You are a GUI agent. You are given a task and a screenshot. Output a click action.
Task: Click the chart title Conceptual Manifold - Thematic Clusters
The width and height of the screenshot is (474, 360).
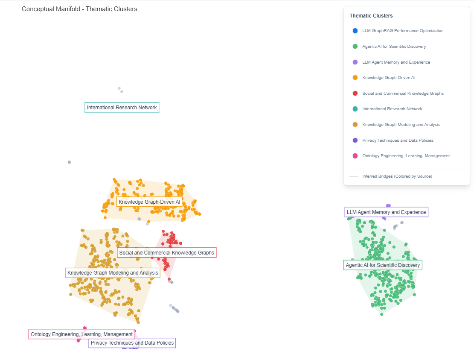pyautogui.click(x=79, y=9)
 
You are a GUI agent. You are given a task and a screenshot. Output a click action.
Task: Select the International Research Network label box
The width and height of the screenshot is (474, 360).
pyautogui.click(x=122, y=108)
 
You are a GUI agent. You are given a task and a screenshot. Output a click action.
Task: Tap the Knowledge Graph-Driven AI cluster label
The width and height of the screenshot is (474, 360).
pyautogui.click(x=149, y=202)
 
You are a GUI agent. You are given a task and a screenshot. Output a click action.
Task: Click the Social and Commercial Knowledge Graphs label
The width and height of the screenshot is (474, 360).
pyautogui.click(x=166, y=253)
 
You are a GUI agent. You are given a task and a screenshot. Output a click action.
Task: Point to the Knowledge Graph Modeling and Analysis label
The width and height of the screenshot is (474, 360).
pyautogui.click(x=113, y=273)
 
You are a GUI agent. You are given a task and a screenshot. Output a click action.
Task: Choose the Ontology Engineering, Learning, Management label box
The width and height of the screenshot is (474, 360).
pyautogui.click(x=81, y=334)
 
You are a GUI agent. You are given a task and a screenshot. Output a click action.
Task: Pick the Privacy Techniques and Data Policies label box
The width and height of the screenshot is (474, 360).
pyautogui.click(x=132, y=342)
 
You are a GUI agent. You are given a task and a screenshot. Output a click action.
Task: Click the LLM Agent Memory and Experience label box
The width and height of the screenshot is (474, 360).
pyautogui.click(x=386, y=212)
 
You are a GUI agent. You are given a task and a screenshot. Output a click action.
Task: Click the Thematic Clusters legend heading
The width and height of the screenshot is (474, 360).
pyautogui.click(x=371, y=16)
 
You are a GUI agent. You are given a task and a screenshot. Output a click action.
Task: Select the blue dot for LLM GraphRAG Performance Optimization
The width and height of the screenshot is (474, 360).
pyautogui.click(x=355, y=31)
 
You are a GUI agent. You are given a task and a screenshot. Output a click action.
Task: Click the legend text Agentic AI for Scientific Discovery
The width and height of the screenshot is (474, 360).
pyautogui.click(x=394, y=46)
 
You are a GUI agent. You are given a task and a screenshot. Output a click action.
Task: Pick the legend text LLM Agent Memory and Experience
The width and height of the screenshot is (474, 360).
pyautogui.click(x=396, y=62)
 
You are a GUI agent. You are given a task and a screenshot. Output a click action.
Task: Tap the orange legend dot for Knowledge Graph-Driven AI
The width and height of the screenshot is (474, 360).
pyautogui.click(x=355, y=78)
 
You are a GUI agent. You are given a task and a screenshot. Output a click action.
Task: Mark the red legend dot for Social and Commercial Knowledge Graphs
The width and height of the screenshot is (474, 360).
pyautogui.click(x=355, y=93)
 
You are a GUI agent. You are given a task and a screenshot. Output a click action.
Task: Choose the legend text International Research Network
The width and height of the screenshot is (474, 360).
pyautogui.click(x=392, y=109)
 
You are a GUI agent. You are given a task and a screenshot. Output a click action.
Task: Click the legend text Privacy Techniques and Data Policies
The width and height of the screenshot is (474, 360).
pyautogui.click(x=398, y=140)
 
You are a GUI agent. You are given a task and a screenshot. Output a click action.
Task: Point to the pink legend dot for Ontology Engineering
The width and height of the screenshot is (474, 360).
pyautogui.click(x=355, y=156)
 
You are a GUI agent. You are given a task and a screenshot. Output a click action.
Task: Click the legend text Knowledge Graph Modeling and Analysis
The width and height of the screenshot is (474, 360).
pyautogui.click(x=401, y=125)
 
